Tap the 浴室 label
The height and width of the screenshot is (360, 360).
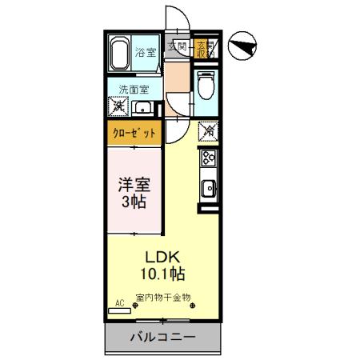(x=145, y=53)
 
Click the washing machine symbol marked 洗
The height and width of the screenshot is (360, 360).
(x=118, y=106)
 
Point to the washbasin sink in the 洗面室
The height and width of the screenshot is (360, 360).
(x=144, y=108)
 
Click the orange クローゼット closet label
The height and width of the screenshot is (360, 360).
(x=134, y=132)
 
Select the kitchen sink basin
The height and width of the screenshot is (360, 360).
(x=207, y=190)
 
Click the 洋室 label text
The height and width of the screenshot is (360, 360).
(x=134, y=183)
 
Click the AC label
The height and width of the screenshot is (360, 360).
(x=120, y=303)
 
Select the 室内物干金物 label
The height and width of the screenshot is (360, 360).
(x=163, y=298)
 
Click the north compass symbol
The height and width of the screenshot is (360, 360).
(x=241, y=47)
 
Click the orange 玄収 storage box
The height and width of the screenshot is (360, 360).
(x=202, y=48)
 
